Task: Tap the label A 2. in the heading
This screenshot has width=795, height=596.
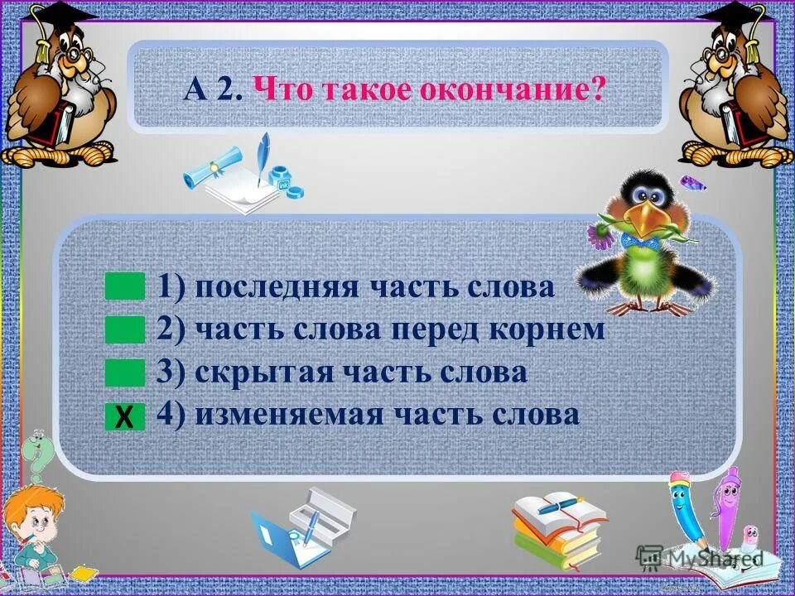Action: tap(213, 89)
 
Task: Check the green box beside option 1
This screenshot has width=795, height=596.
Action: tap(125, 287)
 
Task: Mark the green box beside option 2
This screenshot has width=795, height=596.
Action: tap(125, 330)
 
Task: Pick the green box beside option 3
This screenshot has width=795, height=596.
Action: tap(125, 373)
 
